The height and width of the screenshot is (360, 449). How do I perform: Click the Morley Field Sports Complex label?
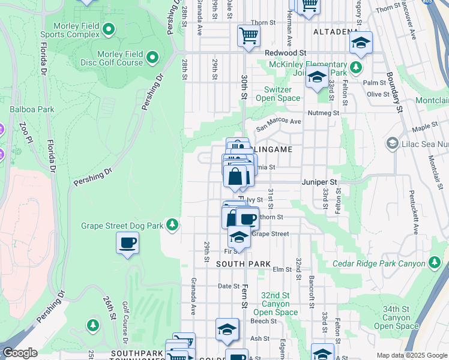[x=75, y=31]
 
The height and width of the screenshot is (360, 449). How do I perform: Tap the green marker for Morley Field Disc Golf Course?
[x=152, y=58]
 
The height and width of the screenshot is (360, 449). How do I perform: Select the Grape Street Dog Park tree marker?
[x=173, y=224]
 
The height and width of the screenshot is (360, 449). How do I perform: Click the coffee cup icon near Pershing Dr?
[x=127, y=243]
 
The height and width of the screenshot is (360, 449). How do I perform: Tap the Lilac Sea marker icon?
[x=393, y=143]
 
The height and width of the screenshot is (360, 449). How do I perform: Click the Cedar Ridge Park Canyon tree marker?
[x=434, y=263]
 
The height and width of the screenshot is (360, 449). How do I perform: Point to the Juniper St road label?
[x=319, y=181]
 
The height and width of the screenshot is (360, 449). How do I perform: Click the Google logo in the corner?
[x=20, y=353]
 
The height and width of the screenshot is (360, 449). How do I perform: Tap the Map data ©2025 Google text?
[x=411, y=356]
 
